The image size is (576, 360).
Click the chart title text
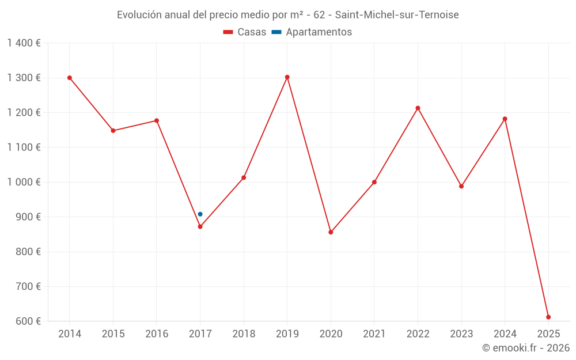287,15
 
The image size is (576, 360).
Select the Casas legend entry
245,32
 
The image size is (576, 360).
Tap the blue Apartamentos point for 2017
200,214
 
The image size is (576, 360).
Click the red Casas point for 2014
70,78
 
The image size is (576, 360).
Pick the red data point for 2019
287,77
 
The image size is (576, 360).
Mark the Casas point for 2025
548,317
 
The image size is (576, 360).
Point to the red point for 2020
331,232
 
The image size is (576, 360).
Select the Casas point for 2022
418,108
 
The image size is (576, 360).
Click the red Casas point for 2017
200,227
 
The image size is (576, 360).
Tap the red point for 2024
505,119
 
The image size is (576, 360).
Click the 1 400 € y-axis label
24,43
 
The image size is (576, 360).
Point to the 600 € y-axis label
28,321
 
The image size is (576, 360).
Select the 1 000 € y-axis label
24,182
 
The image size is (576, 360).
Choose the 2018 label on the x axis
244,334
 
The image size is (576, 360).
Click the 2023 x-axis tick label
461,334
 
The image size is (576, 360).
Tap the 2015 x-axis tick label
113,334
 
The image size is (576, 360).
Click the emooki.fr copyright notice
525,348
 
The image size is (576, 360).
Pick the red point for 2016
157,120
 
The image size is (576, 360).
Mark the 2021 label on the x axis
374,334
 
